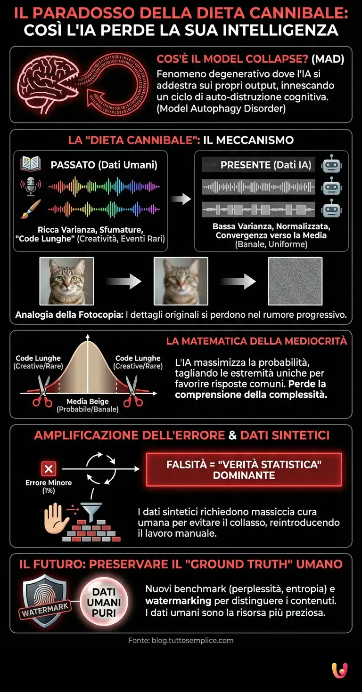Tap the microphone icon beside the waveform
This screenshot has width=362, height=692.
tap(30, 187)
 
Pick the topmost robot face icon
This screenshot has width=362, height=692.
tap(331, 165)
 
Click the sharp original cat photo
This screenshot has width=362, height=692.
tap(66, 281)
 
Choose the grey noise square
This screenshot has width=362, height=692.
tap(295, 281)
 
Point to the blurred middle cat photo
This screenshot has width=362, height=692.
tap(181, 281)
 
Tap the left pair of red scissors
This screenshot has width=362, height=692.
tap(42, 391)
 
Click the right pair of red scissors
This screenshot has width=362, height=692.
tap(133, 391)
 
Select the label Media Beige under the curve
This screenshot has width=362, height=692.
tap(88, 402)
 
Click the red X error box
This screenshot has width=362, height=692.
tap(49, 468)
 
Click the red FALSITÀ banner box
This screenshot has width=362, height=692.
tap(244, 470)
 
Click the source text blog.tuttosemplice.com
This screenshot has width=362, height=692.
tap(181, 640)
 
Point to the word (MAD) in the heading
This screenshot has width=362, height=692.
tap(328, 60)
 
